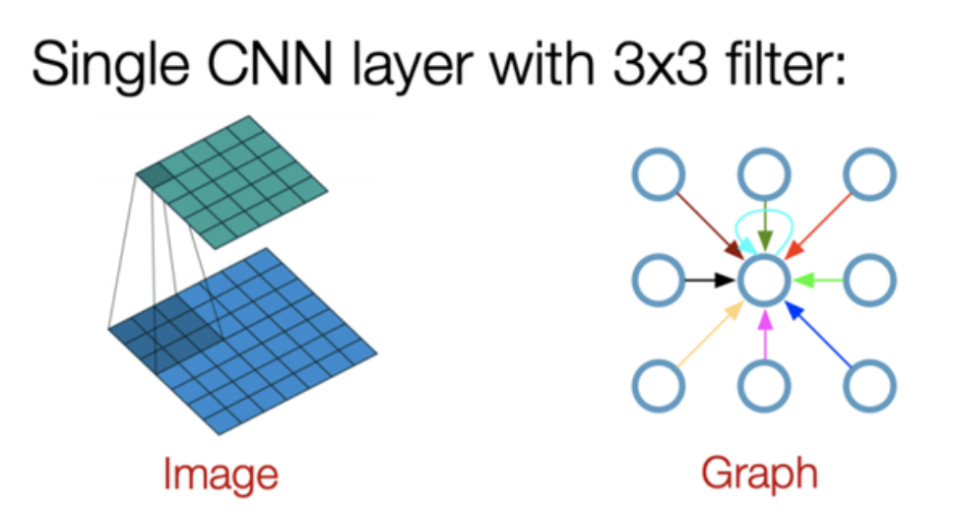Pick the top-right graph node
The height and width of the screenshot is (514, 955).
(x=869, y=177)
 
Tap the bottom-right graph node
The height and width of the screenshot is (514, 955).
(x=870, y=385)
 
